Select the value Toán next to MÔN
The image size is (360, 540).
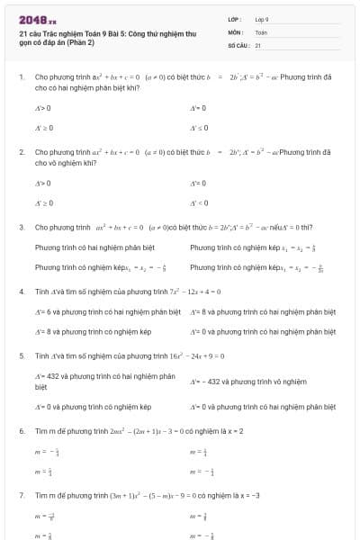click(x=261, y=31)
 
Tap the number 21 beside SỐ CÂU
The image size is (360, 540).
click(x=257, y=44)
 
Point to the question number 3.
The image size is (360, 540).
click(x=22, y=228)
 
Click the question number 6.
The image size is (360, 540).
click(x=22, y=431)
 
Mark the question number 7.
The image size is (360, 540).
click(x=22, y=495)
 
